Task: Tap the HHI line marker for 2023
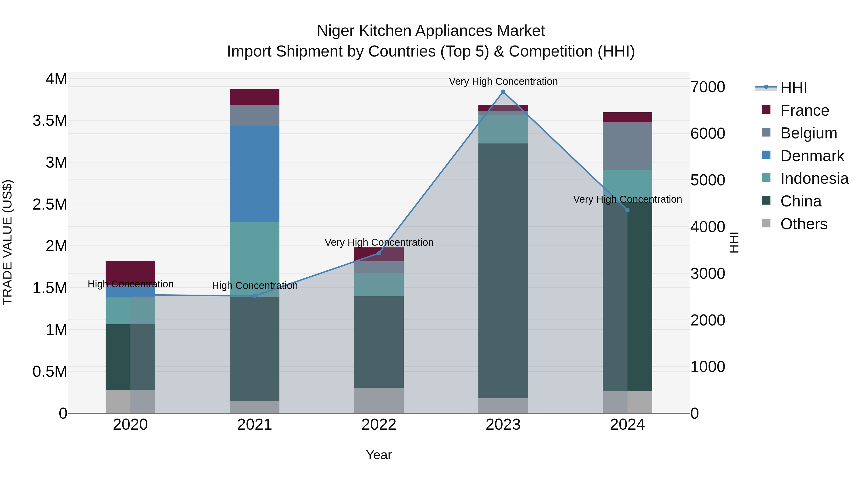click(x=503, y=92)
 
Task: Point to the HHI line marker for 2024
click(x=627, y=210)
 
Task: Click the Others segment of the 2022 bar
click(x=379, y=400)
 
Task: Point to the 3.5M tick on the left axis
click(x=50, y=120)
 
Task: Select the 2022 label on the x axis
click(x=379, y=425)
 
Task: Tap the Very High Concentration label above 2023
click(x=503, y=81)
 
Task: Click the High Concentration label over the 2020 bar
click(x=130, y=284)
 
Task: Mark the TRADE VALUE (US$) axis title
click(x=7, y=242)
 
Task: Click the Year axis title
click(x=379, y=455)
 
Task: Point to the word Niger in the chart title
click(x=336, y=31)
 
